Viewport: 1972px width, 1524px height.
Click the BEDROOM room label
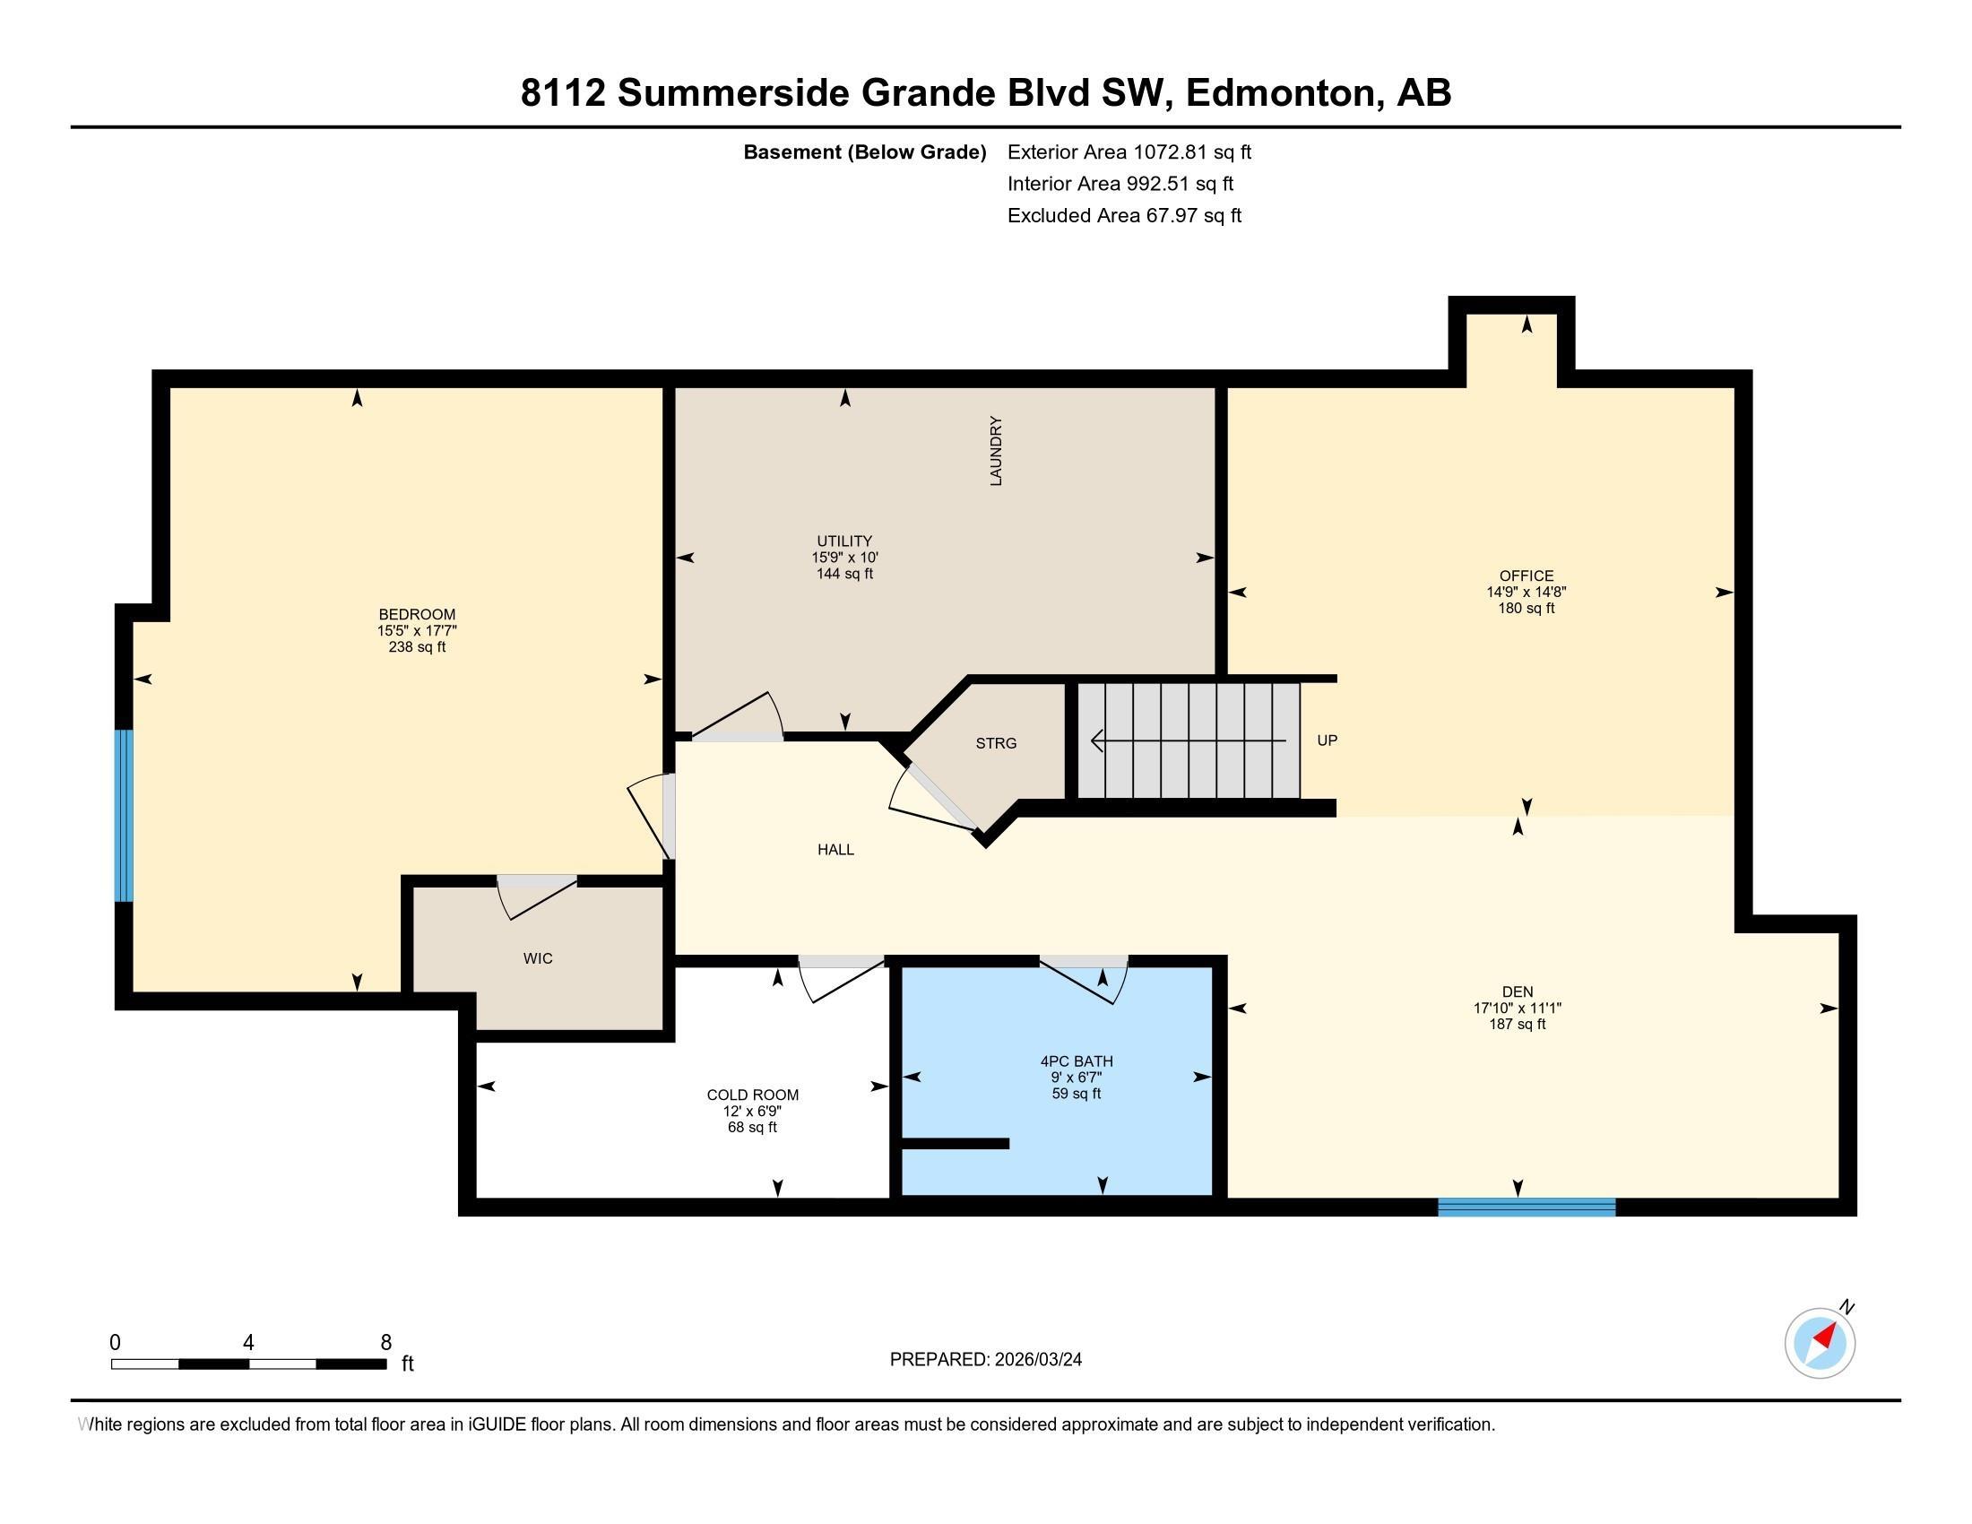pos(416,614)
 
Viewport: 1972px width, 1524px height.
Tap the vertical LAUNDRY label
pos(996,451)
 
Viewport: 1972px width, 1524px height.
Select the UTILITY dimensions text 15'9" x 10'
pos(844,558)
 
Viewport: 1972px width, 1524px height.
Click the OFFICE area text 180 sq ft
pos(1526,609)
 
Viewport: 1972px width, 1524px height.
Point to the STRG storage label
pos(996,743)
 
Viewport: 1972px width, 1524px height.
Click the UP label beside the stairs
pos(1327,740)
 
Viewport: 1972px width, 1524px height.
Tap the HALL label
pos(835,850)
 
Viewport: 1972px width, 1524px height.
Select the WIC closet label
pos(537,958)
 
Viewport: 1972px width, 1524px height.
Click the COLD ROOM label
pos(752,1095)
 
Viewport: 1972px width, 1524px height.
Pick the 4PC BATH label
pos(1076,1061)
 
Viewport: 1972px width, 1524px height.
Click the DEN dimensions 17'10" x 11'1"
pos(1517,1008)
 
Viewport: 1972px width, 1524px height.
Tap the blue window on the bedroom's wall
pos(124,815)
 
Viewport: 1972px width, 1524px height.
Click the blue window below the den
pos(1526,1206)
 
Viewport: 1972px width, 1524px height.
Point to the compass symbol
pos(1820,1343)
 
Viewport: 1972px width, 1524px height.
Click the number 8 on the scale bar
pos(385,1343)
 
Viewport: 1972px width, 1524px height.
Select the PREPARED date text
pos(985,1360)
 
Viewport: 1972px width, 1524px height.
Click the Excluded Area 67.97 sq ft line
pos(1124,216)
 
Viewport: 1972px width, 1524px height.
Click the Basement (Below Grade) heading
pos(864,152)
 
